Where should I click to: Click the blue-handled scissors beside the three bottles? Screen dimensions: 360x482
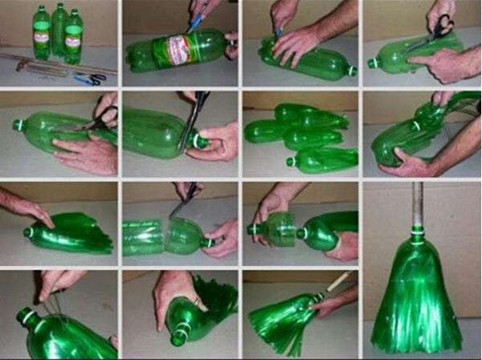[90, 79]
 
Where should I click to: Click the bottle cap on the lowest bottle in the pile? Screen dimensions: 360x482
[290, 161]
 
